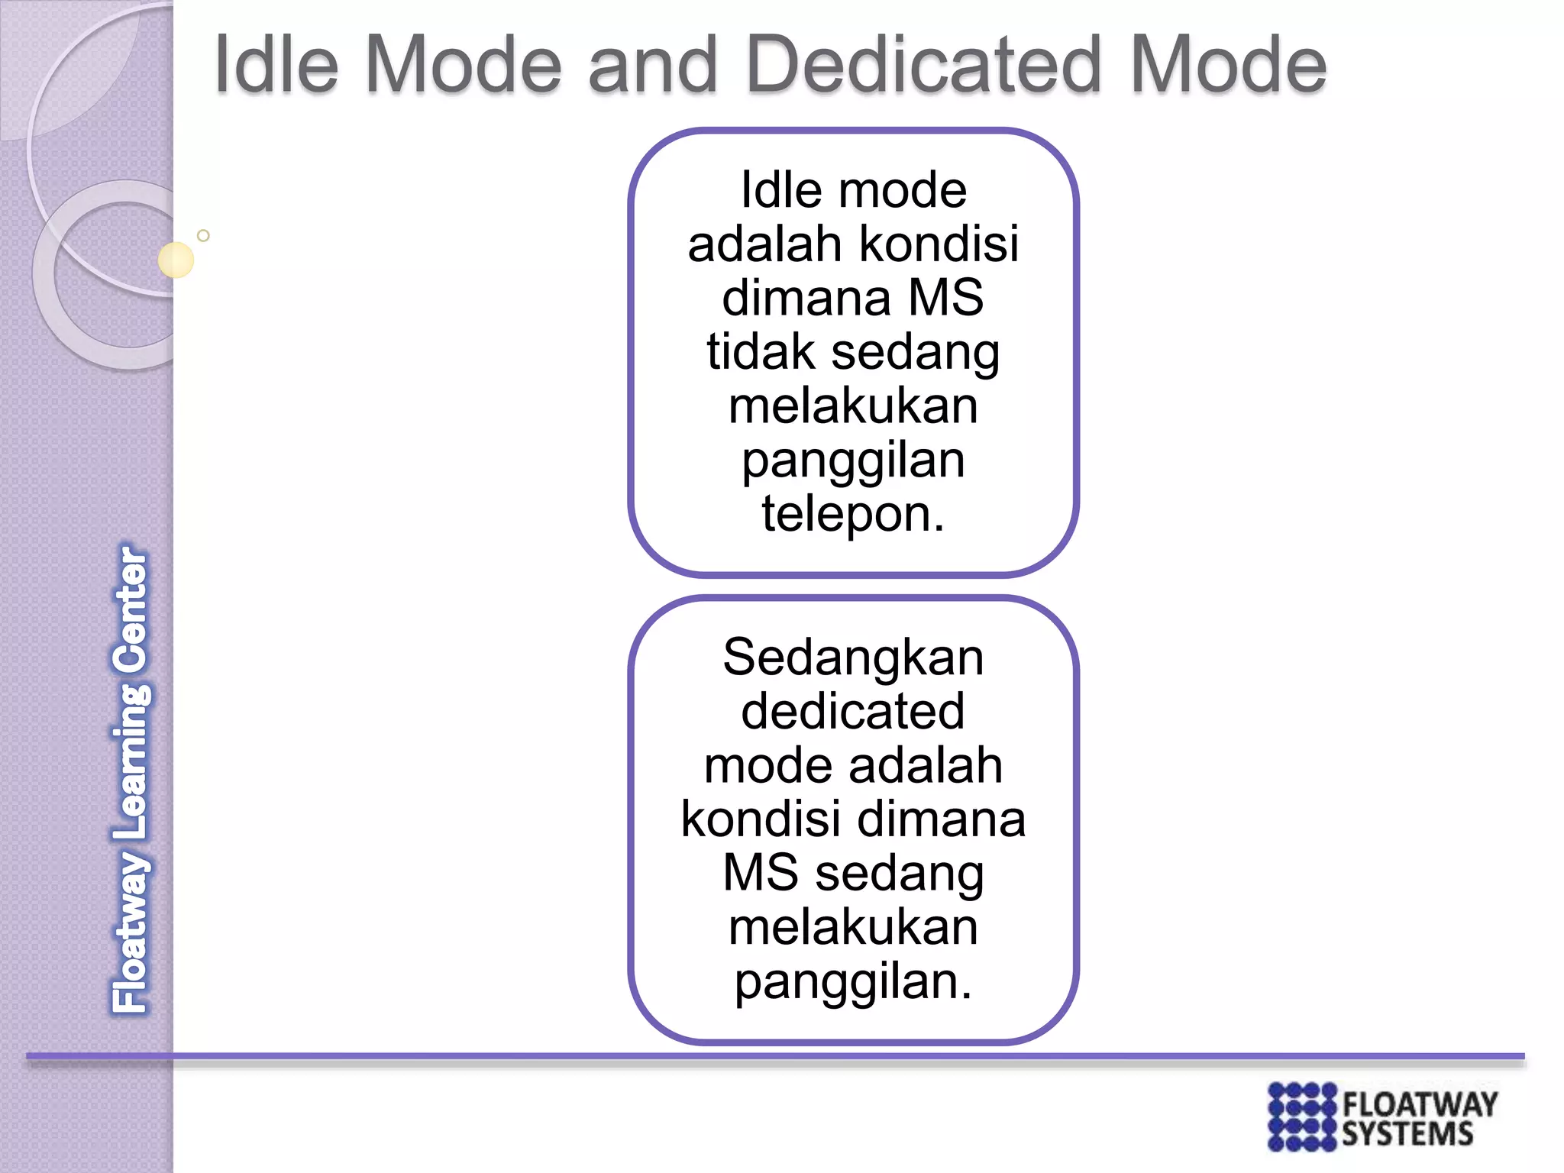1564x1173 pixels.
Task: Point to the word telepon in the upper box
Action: [852, 514]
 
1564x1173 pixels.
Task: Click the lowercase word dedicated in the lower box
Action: [853, 711]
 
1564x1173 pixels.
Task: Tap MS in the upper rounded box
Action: [946, 298]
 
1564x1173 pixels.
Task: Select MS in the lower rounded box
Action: [760, 873]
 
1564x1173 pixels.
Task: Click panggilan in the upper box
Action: [853, 460]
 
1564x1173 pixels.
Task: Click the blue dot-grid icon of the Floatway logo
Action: [1302, 1116]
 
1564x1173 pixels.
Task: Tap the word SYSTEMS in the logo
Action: [1407, 1134]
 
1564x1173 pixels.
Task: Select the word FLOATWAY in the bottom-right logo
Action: [1420, 1104]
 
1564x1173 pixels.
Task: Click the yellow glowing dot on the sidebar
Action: [176, 260]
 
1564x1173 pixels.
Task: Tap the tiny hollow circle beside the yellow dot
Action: [203, 236]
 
